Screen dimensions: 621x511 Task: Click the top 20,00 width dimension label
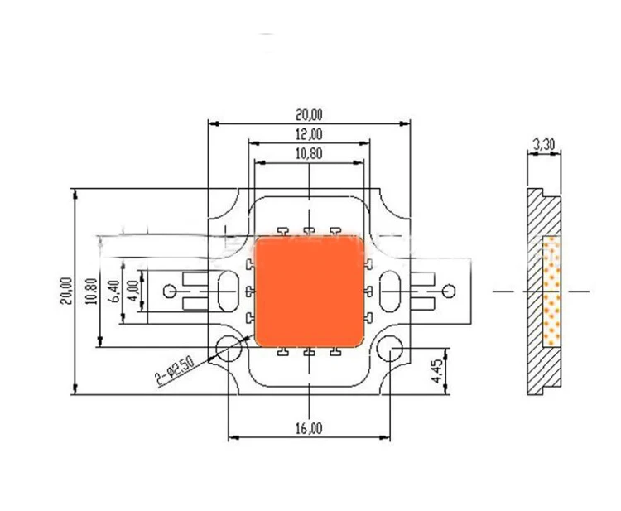click(x=309, y=115)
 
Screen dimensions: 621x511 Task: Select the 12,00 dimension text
click(x=309, y=134)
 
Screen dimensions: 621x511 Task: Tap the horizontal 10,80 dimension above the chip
click(x=309, y=153)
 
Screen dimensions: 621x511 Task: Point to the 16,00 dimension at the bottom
click(x=309, y=429)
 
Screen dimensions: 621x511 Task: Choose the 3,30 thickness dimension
click(x=544, y=144)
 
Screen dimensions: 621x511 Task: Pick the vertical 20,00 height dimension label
click(x=66, y=292)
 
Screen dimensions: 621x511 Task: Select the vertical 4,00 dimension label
click(x=134, y=291)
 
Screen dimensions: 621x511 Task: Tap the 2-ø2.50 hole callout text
click(x=174, y=371)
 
